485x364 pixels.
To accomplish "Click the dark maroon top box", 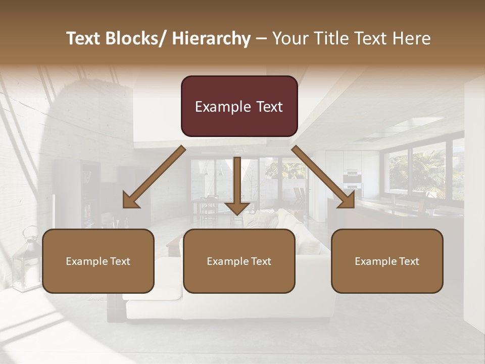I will (x=239, y=106).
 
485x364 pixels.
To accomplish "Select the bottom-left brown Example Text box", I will (x=98, y=261).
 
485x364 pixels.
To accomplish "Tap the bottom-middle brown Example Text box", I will (x=239, y=261).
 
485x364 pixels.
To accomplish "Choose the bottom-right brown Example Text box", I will (x=387, y=261).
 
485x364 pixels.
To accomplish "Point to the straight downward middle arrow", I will (x=237, y=187).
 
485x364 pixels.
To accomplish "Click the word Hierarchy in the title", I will (x=211, y=38).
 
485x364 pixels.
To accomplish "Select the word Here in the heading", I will (x=413, y=38).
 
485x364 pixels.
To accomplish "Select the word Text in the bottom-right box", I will (x=409, y=261).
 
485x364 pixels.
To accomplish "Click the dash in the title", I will (x=261, y=38).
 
